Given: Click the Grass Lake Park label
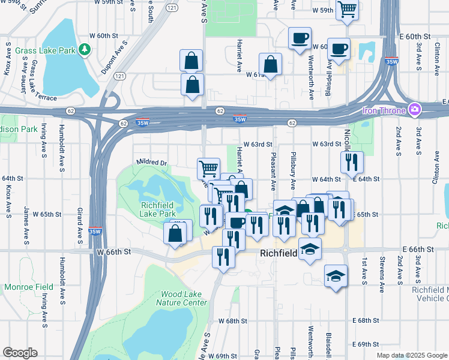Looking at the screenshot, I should [46, 51].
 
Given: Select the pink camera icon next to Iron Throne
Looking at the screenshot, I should [414, 110].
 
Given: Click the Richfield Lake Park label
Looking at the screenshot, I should [158, 209].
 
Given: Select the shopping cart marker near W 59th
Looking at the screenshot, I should [346, 10].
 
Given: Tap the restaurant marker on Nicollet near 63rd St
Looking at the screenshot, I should [351, 161].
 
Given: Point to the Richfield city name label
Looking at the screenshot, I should [279, 253].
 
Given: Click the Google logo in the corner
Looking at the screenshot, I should [20, 353].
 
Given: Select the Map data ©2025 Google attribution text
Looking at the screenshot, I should [412, 355].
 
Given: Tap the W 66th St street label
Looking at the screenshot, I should [113, 252].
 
